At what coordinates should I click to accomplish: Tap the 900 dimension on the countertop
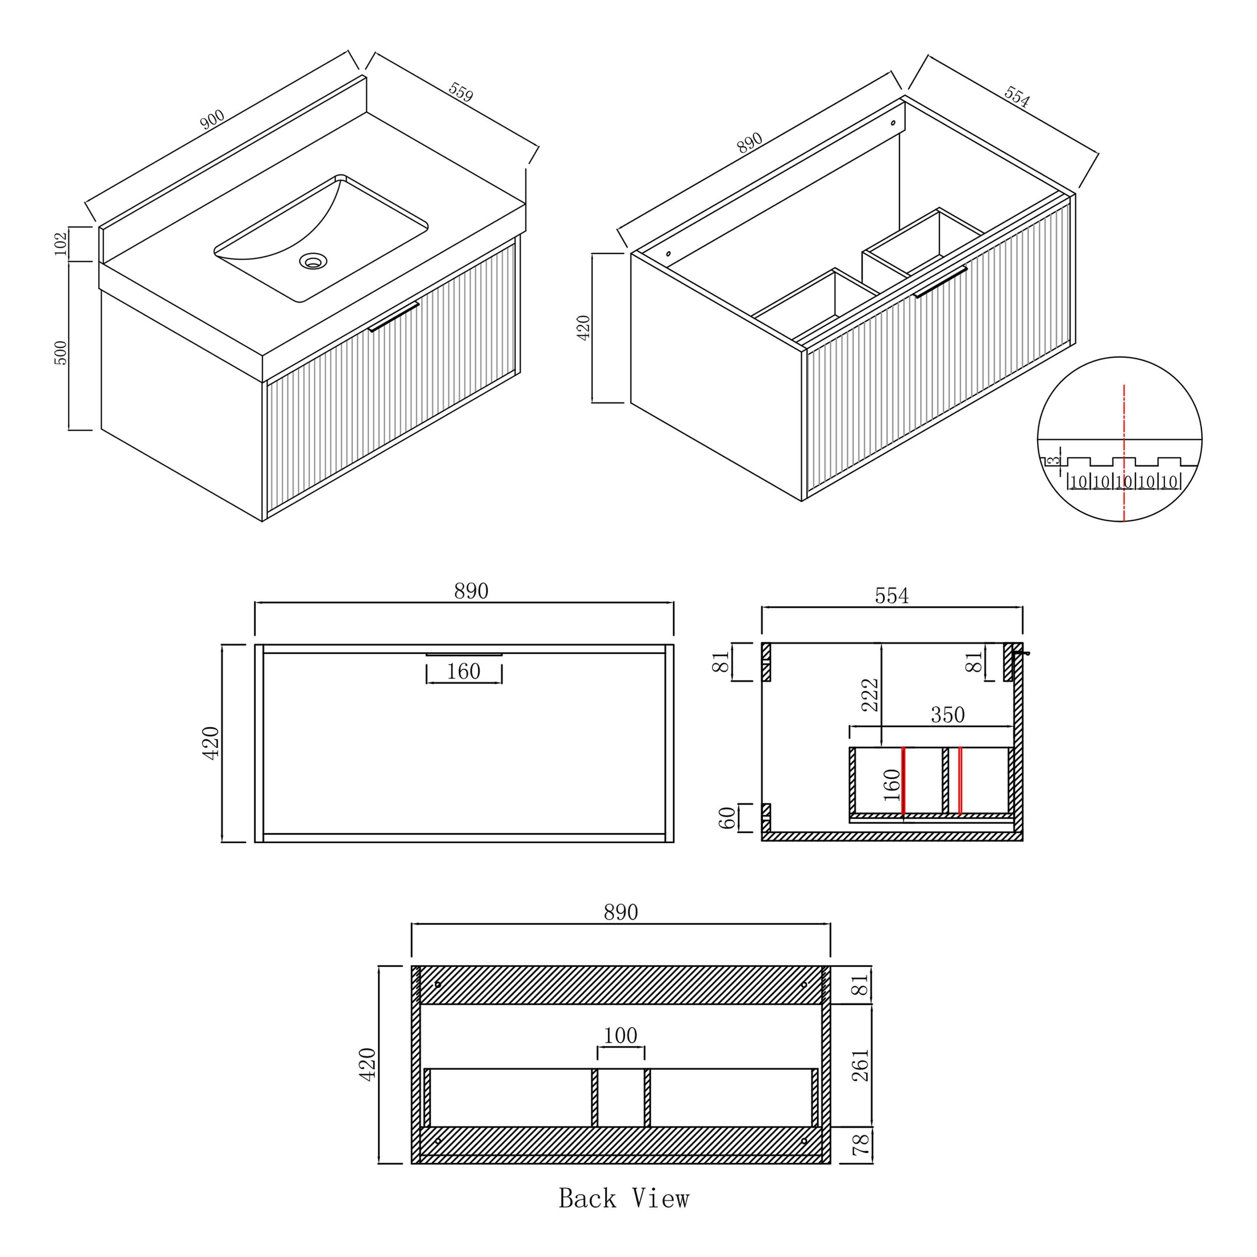click(212, 121)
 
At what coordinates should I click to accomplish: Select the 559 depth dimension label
click(461, 92)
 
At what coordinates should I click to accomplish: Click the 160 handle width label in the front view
click(463, 672)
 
